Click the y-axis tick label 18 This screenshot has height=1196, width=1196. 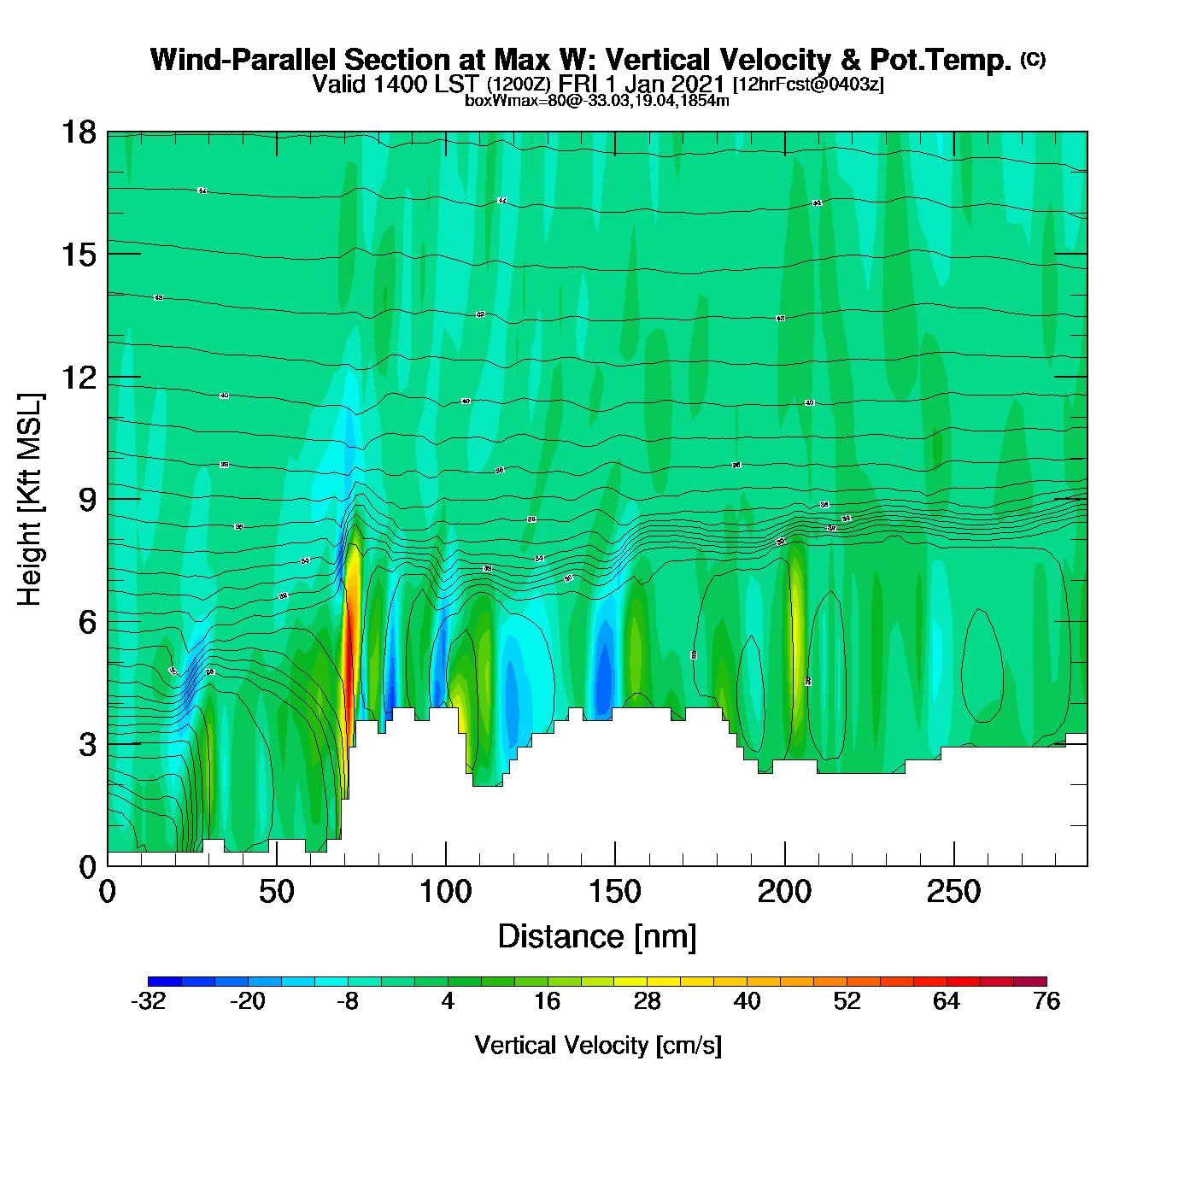79,132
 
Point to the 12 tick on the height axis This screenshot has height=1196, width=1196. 79,377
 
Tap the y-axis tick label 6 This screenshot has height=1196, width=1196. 87,622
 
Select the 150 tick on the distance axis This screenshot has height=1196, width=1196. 614,893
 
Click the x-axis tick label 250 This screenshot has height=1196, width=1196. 953,893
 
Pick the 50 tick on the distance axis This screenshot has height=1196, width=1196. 276,893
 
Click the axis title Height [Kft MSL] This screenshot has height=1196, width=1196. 30,500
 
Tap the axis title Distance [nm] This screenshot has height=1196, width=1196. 597,937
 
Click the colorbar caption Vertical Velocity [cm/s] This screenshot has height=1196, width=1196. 598,1045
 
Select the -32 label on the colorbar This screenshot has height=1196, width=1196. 148,1001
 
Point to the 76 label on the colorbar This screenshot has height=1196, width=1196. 1046,1001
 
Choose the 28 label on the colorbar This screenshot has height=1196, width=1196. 647,1001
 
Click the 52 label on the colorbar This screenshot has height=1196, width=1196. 847,1001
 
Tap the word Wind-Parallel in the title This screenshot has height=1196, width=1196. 245,60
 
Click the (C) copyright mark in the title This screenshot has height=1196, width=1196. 1033,59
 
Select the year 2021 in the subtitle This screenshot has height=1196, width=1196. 697,84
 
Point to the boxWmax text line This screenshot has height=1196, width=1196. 597,101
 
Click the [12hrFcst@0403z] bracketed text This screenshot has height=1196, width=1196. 808,85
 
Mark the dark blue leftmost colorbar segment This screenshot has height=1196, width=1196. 164,982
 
